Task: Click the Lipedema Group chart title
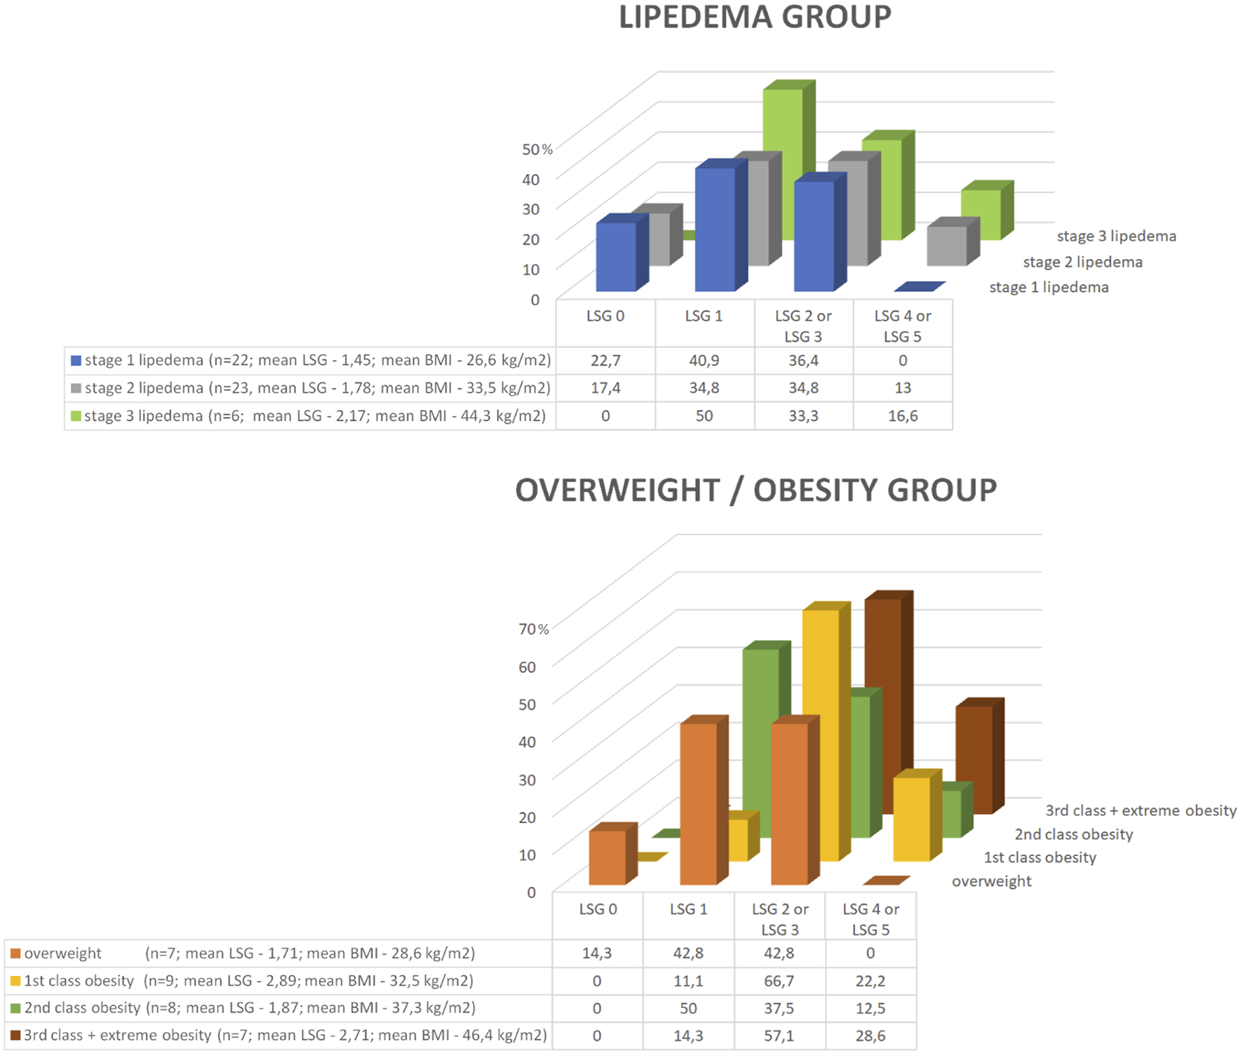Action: tap(754, 17)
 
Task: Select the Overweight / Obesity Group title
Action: tap(755, 490)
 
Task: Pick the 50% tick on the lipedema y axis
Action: tap(537, 149)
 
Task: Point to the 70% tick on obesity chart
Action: tap(533, 629)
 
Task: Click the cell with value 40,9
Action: tap(704, 360)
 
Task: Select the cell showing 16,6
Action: tap(902, 415)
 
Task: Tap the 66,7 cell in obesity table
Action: tap(779, 980)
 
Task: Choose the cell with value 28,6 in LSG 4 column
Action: tap(870, 1035)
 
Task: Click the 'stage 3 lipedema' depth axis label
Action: tap(1116, 236)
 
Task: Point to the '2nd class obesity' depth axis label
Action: tap(1073, 834)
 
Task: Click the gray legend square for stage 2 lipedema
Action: tap(76, 388)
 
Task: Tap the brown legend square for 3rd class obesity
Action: tap(15, 1035)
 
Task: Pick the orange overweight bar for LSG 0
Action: tap(607, 857)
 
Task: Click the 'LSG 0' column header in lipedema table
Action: tap(605, 316)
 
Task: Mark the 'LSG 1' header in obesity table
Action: tap(688, 909)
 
